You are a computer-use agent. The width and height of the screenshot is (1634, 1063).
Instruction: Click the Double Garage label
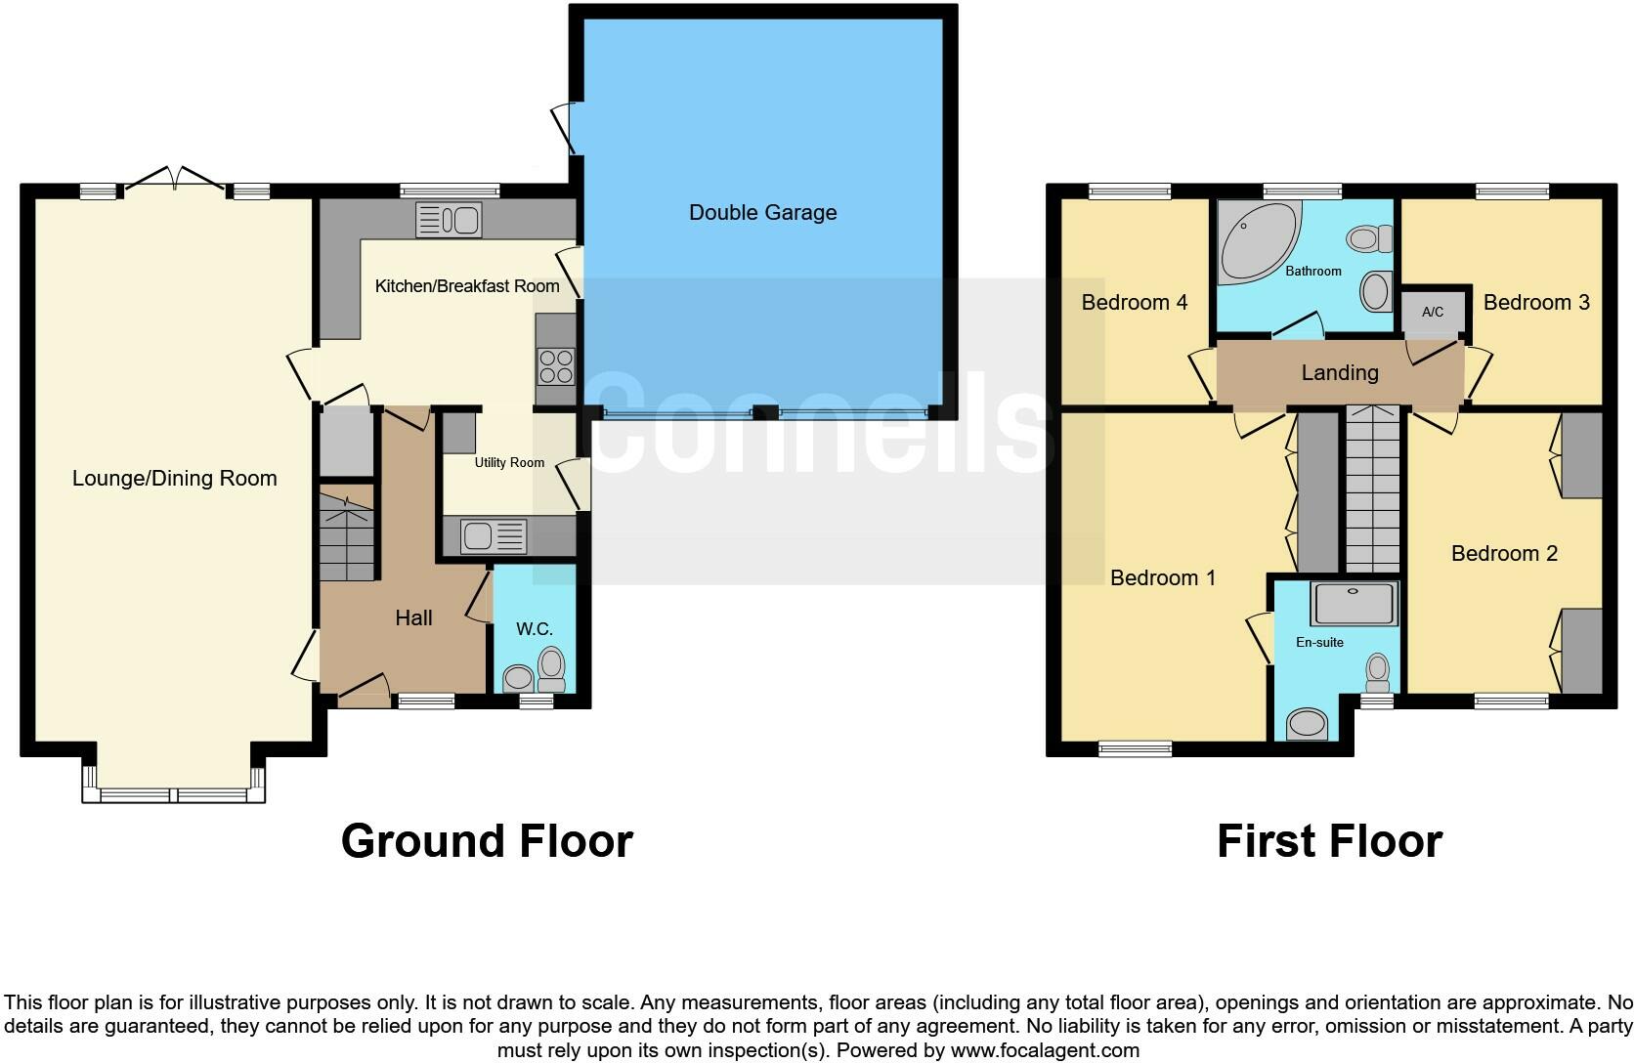(762, 212)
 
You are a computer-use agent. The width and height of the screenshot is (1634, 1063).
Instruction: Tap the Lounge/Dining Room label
(174, 478)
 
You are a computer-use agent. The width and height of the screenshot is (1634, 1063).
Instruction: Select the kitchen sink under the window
(449, 220)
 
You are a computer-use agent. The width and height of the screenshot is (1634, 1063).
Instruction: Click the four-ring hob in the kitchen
(556, 366)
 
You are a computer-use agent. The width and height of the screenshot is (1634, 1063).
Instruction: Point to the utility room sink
(494, 535)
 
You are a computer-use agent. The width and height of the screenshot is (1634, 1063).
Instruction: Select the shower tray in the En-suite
(1354, 604)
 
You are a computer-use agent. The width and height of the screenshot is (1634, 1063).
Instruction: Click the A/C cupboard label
(1433, 313)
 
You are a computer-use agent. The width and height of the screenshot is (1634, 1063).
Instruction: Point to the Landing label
(1340, 372)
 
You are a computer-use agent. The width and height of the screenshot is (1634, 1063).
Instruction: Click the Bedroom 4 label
(1134, 302)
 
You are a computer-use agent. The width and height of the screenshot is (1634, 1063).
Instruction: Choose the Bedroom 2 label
(1504, 553)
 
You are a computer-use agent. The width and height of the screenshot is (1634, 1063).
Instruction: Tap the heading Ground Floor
(487, 840)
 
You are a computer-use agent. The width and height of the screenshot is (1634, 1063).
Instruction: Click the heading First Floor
(1329, 840)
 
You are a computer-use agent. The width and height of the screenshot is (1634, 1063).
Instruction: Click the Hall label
(413, 617)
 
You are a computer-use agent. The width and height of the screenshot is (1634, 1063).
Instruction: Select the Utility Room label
(509, 462)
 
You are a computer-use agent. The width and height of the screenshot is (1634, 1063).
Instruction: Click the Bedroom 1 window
(1135, 748)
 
